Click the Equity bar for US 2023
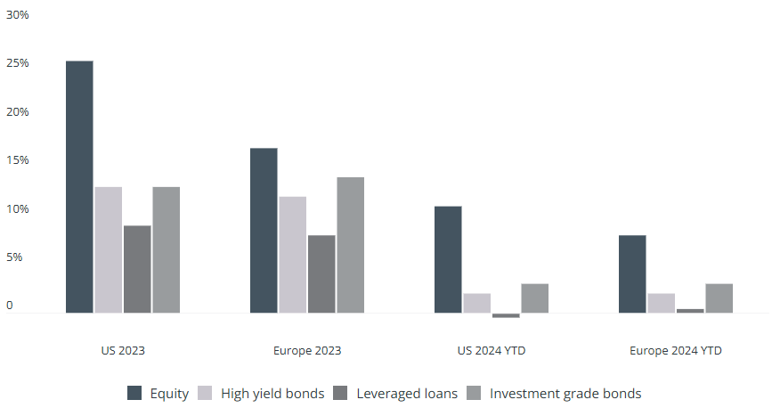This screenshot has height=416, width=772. (79, 187)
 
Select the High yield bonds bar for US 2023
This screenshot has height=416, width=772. (108, 250)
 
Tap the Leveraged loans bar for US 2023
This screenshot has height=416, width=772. (137, 269)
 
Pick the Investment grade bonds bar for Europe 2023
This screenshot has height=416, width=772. (350, 245)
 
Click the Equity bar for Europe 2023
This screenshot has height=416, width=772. (264, 231)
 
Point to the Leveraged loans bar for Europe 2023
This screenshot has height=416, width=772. (321, 274)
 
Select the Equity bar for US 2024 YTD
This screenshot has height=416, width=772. (448, 260)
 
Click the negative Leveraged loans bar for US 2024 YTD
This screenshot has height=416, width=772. (506, 315)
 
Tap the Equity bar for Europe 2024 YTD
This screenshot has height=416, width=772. (632, 274)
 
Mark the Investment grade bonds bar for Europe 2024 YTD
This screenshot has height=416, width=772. (719, 298)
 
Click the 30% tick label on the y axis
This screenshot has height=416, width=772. (17, 15)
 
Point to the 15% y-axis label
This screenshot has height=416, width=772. (17, 160)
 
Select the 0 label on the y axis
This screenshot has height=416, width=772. (11, 306)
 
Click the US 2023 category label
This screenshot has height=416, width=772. (123, 351)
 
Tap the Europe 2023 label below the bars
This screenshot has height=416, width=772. (307, 351)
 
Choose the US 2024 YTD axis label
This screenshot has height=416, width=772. (492, 351)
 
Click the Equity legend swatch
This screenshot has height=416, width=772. (134, 393)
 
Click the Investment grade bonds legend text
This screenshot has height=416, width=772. (565, 393)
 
